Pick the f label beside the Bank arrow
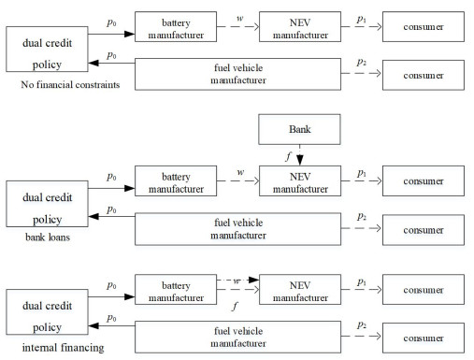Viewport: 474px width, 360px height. tap(288, 156)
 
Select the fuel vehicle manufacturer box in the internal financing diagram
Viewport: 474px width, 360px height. tap(232, 334)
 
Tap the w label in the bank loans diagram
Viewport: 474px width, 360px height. tap(241, 171)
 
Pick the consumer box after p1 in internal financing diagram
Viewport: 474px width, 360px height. tap(422, 289)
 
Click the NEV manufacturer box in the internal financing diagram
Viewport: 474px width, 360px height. tap(300, 289)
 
